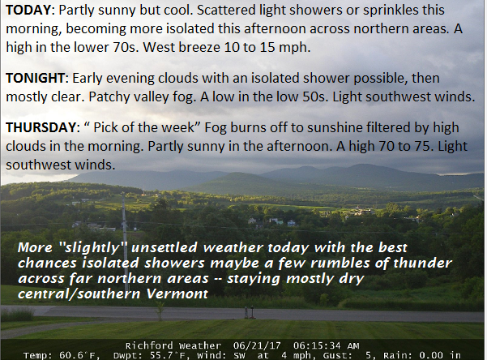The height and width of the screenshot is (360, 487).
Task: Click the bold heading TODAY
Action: coord(28,11)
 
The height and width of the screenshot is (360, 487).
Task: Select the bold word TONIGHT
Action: coord(35,78)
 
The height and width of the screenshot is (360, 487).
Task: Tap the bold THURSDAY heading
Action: coord(41,127)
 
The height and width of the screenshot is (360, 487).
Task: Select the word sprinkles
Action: coord(391,11)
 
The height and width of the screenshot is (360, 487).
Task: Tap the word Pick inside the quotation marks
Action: coord(105,127)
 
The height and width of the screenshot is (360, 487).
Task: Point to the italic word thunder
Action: coord(422,263)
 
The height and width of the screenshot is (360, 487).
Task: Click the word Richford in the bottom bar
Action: coord(149,345)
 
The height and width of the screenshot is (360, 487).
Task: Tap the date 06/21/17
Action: coord(257,345)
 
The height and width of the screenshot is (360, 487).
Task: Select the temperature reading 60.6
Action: coord(70,355)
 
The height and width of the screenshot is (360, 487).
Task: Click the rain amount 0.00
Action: coord(431,355)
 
